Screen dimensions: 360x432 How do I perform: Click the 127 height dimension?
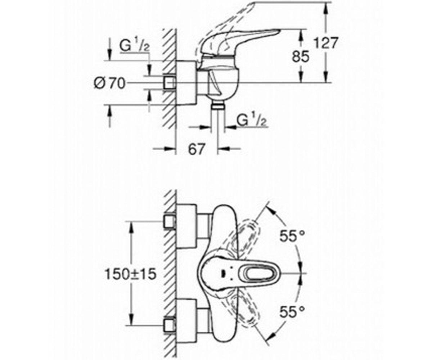pos(326,43)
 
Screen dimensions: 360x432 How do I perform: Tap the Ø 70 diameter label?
pos(109,84)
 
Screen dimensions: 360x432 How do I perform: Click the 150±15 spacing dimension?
pos(130,274)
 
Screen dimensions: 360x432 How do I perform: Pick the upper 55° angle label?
pos(292,236)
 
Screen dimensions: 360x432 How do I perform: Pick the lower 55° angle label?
pos(292,311)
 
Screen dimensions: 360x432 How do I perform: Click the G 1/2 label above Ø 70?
pos(134,47)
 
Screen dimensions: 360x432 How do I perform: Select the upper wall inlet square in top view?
pos(169,221)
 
